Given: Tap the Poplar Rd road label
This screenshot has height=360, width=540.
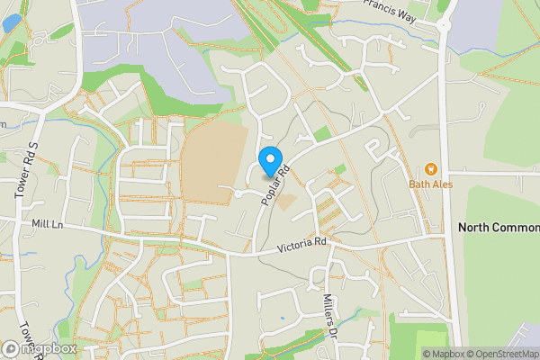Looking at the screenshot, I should (275, 184).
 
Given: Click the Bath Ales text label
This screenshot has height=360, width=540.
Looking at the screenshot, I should (429, 184).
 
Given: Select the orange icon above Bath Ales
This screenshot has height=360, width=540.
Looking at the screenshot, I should (430, 168).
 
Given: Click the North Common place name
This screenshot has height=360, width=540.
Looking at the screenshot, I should (499, 227).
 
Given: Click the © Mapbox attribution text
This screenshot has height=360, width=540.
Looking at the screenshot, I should (444, 354).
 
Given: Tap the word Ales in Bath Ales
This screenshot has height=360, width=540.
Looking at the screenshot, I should (440, 184).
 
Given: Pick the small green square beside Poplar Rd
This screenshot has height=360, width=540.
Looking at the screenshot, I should (339, 169).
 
